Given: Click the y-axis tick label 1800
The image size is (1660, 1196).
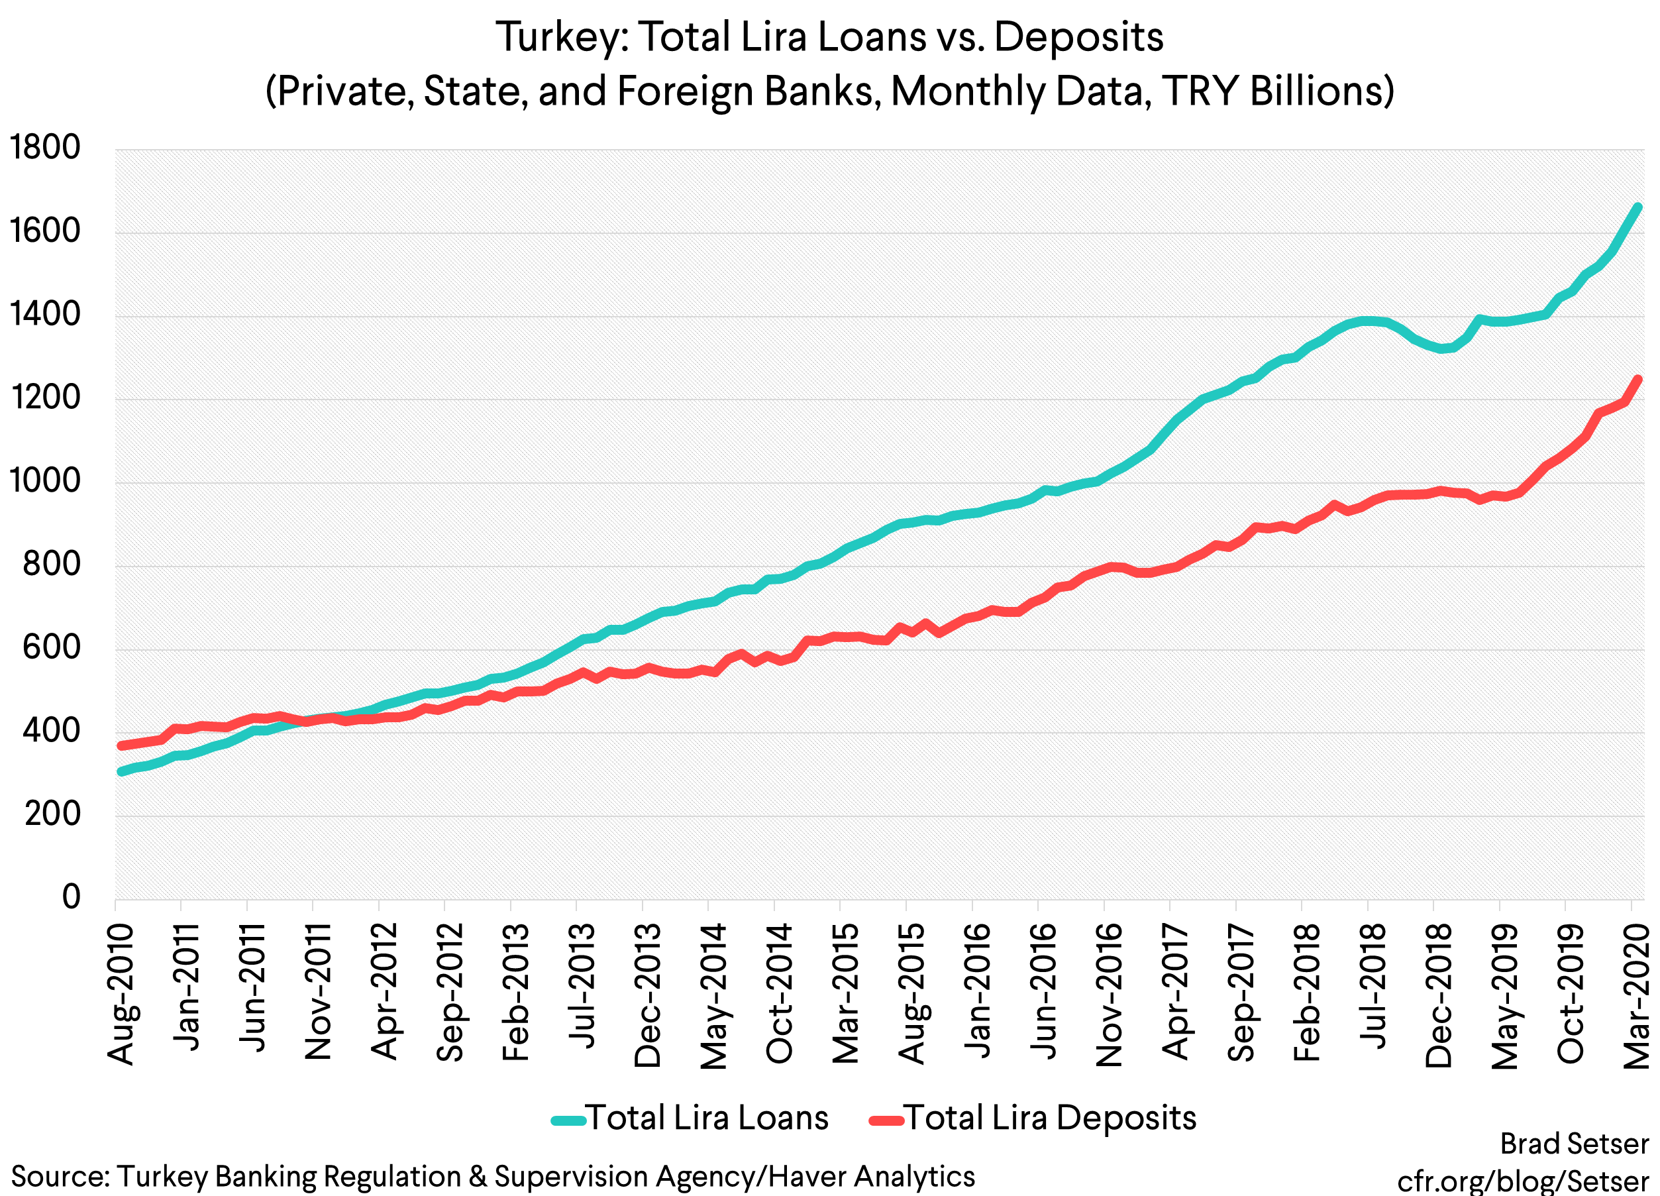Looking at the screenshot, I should (x=44, y=148).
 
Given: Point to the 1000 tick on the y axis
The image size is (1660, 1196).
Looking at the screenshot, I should (x=44, y=482).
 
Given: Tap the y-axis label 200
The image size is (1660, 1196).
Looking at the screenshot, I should (x=51, y=814).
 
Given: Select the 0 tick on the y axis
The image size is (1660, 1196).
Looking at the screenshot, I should (x=71, y=897).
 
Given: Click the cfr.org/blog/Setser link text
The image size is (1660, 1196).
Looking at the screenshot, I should (x=1522, y=1181).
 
